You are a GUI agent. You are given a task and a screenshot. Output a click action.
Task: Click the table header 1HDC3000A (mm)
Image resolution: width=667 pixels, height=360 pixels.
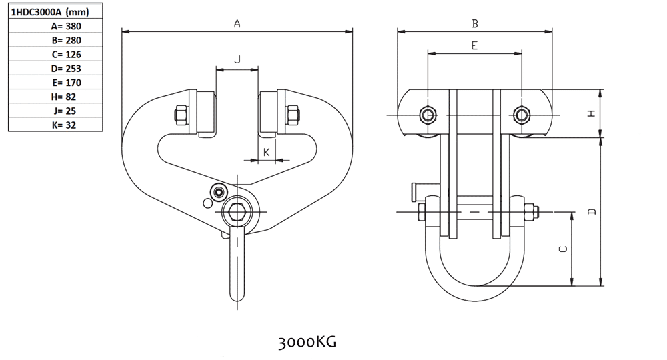[x=50, y=12]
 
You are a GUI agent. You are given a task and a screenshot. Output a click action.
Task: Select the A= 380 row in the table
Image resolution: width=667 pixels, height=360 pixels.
[x=66, y=27]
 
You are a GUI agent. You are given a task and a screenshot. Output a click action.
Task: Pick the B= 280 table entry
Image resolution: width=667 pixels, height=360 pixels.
[x=66, y=41]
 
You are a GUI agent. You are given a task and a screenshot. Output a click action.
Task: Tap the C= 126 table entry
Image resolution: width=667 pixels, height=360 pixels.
[x=66, y=55]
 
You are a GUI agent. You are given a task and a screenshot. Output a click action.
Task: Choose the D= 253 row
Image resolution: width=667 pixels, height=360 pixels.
[x=66, y=69]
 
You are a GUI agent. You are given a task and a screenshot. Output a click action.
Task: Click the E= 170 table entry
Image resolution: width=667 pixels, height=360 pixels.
[x=66, y=83]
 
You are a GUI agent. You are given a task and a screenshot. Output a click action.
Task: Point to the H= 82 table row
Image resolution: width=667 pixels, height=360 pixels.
[x=63, y=97]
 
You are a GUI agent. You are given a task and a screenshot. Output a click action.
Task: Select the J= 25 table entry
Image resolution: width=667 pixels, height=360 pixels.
[x=65, y=111]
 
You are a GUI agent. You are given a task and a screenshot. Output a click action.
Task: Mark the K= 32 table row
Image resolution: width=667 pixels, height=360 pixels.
[x=64, y=125]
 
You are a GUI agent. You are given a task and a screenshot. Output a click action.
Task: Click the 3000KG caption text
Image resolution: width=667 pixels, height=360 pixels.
[x=307, y=342]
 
